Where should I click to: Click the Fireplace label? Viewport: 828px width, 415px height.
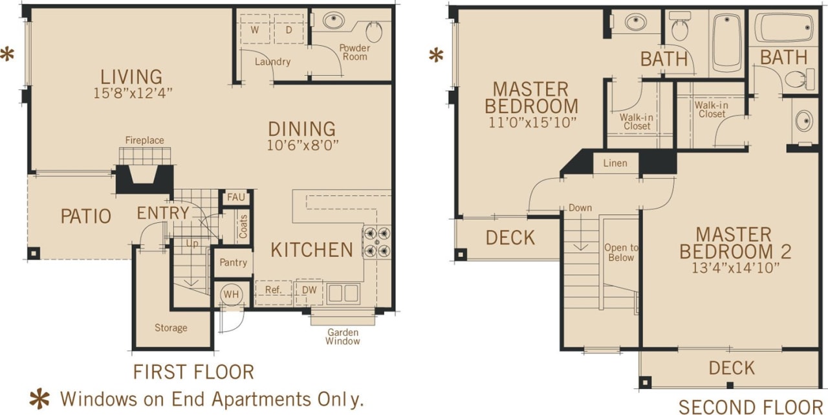144,140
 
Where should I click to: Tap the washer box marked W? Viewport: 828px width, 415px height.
255,30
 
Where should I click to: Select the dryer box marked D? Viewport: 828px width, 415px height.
288,30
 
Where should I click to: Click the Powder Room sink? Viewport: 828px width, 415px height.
334,20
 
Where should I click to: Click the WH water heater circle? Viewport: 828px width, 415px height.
231,293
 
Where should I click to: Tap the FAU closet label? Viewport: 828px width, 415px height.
234,198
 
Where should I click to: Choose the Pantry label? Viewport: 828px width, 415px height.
233,263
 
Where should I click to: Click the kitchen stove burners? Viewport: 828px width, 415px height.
377,241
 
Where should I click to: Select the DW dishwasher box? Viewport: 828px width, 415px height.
309,291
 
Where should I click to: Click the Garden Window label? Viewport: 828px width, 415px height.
343,337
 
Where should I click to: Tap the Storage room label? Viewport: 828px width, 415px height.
171,328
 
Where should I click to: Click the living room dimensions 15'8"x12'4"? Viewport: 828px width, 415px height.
133,93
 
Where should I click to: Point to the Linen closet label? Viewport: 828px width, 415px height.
615,163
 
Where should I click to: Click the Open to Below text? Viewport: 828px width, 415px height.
620,252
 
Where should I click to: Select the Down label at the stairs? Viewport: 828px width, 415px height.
580,208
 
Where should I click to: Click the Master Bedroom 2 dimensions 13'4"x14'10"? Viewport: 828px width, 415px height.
734,267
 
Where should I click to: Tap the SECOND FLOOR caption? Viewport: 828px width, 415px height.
752,407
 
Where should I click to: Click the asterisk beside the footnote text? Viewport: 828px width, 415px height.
40,398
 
